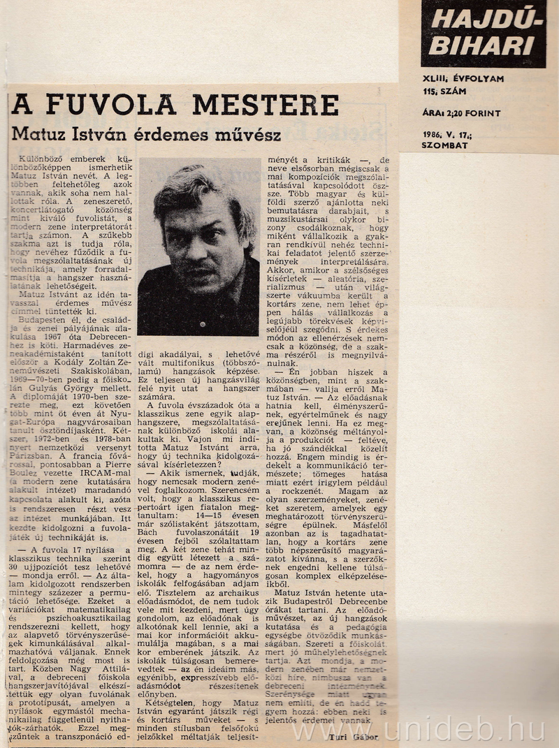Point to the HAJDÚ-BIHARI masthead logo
tap(484, 34)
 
